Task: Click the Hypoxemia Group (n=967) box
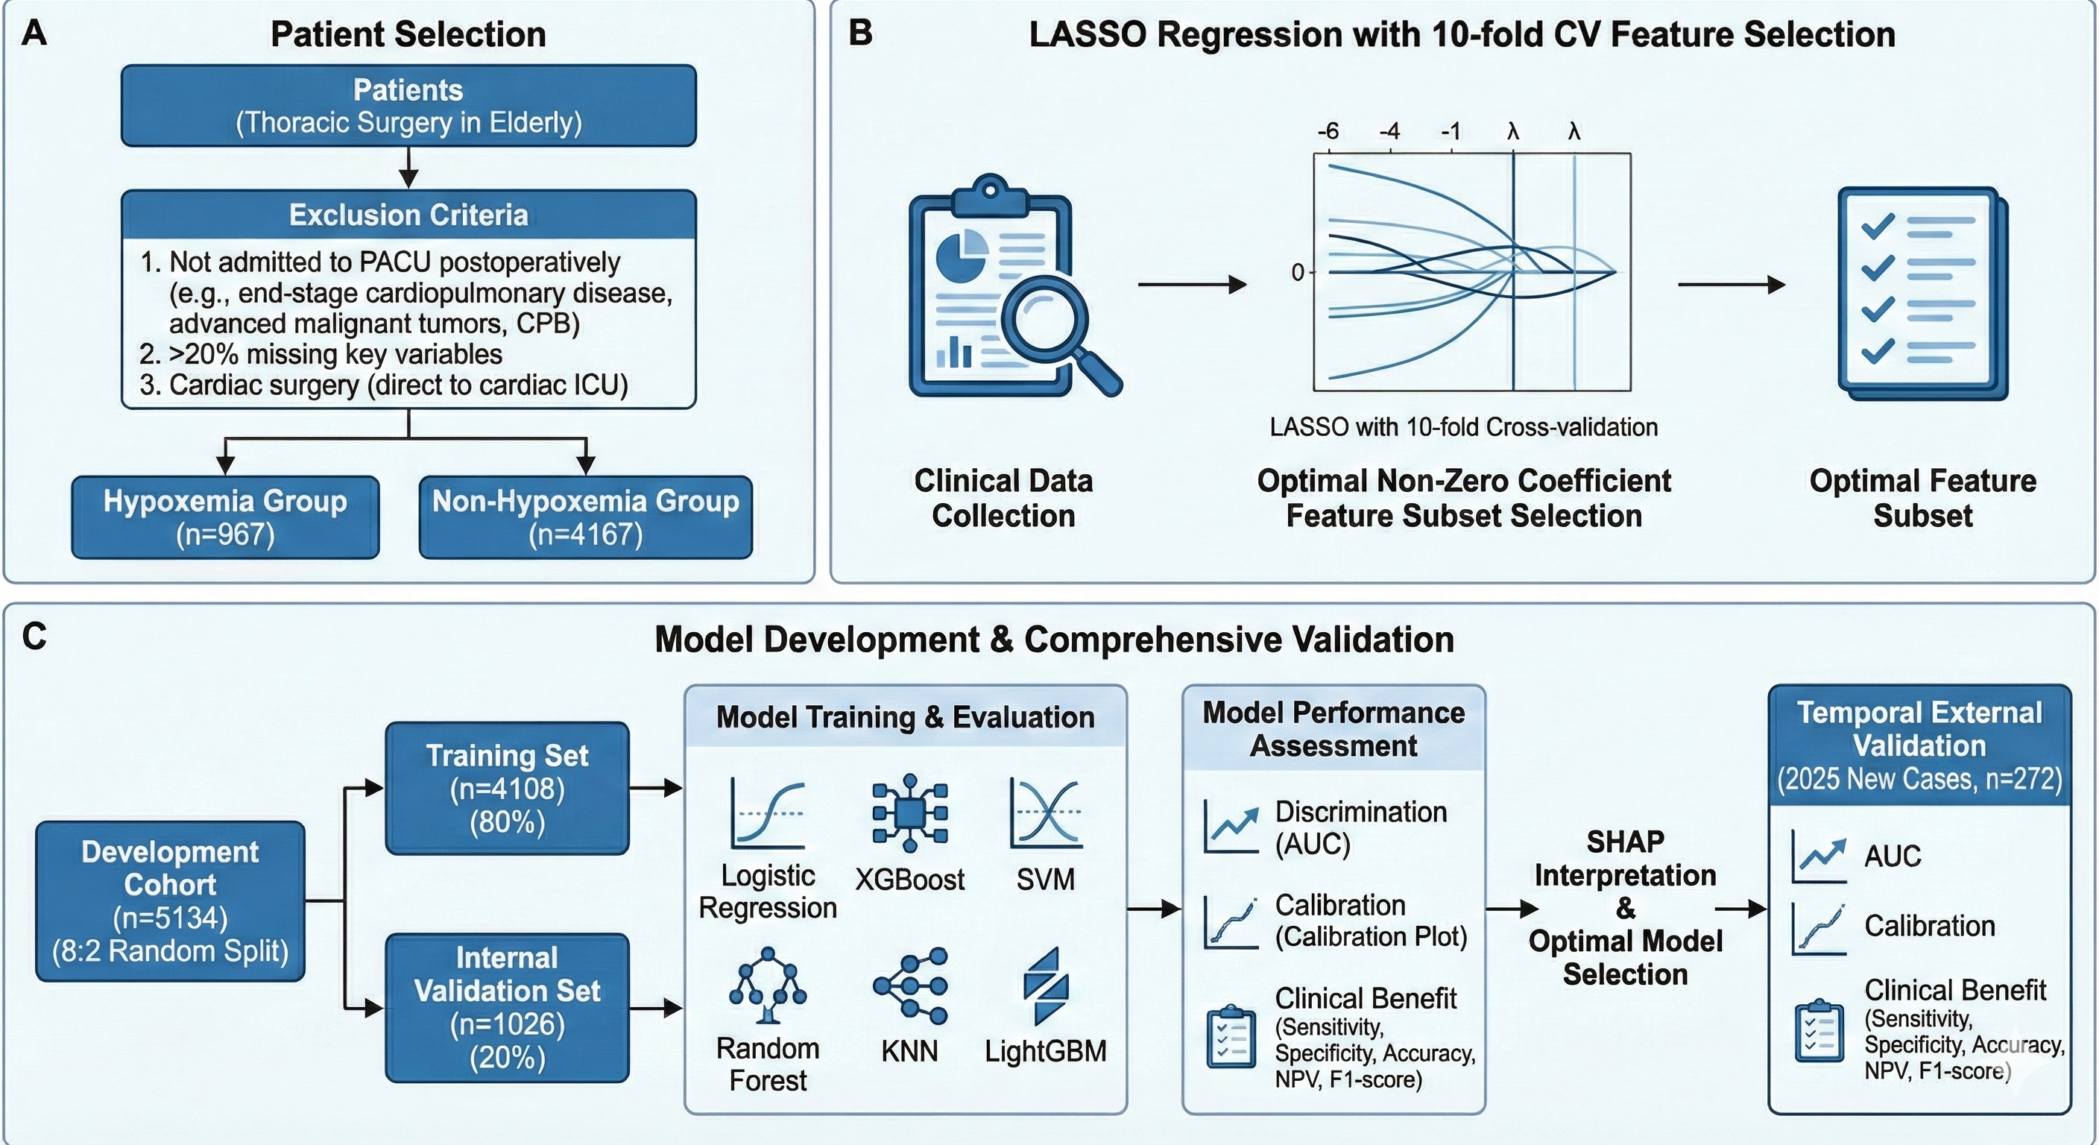(225, 517)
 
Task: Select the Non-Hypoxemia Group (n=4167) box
(585, 517)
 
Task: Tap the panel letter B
(860, 34)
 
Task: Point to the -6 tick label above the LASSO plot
(1328, 130)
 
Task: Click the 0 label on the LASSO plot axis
(1297, 273)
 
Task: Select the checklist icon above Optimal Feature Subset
(1922, 294)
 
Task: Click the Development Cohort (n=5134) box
(170, 900)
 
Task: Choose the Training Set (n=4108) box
(507, 788)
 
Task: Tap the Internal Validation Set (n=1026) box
(507, 1007)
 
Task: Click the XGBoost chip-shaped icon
(909, 813)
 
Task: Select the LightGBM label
(1046, 1051)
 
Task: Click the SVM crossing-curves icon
(1046, 813)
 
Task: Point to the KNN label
(909, 1051)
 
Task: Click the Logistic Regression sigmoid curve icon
(768, 813)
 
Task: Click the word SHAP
(1625, 841)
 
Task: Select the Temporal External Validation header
(1920, 745)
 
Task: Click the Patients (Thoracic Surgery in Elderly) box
(408, 106)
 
